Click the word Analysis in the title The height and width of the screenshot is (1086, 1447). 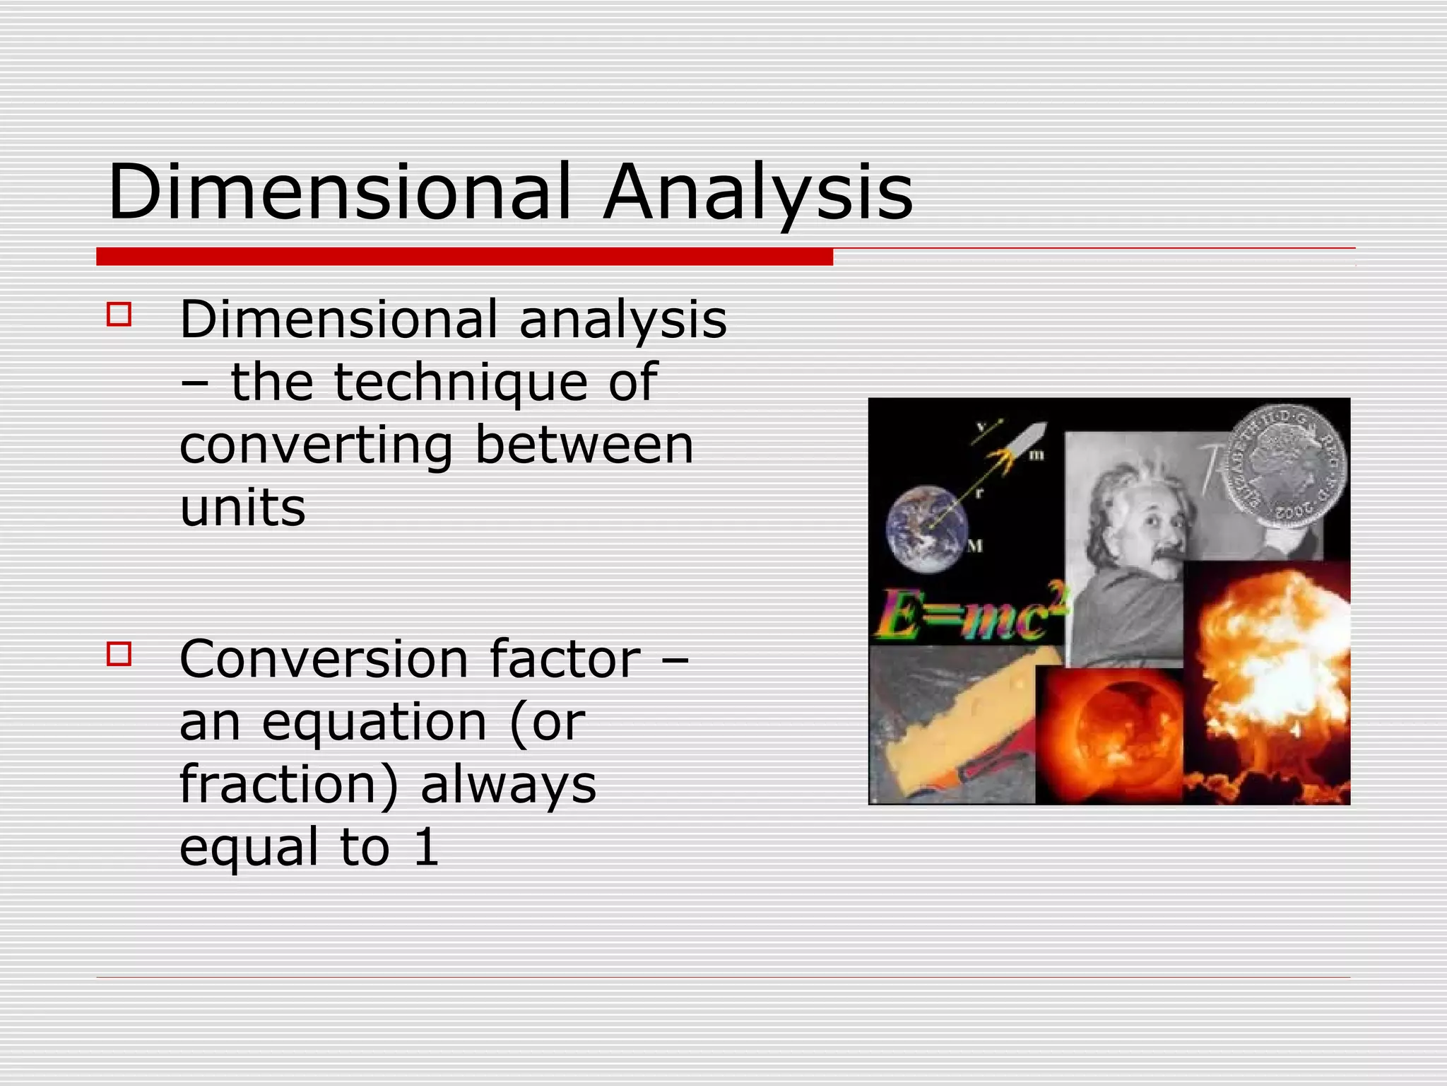pyautogui.click(x=757, y=192)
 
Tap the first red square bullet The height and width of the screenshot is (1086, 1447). pyautogui.click(x=119, y=314)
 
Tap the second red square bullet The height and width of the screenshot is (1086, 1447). pyautogui.click(x=119, y=653)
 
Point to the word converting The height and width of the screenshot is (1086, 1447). pyautogui.click(x=316, y=445)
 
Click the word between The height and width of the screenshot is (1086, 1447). pyautogui.click(x=584, y=445)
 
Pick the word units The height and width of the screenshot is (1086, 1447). pyautogui.click(x=242, y=508)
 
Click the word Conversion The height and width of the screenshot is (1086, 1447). pyautogui.click(x=323, y=659)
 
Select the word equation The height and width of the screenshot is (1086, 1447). pyautogui.click(x=374, y=723)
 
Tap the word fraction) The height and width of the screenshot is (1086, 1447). pyautogui.click(x=289, y=785)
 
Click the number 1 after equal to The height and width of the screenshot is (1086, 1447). pyautogui.click(x=426, y=847)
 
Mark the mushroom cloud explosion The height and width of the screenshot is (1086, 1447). pyautogui.click(x=1268, y=679)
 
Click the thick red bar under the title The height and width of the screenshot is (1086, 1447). pyautogui.click(x=464, y=257)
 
